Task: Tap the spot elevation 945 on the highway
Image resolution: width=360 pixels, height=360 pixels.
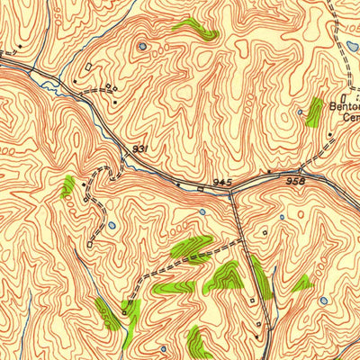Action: [222, 182]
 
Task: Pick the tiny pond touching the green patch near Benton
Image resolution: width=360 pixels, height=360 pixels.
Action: [302, 114]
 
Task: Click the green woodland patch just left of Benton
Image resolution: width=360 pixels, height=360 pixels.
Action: [314, 112]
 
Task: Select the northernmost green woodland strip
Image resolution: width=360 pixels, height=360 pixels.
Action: [195, 28]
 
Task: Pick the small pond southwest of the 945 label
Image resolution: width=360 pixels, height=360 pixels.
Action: [202, 212]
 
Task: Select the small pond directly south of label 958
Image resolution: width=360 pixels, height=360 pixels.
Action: [283, 217]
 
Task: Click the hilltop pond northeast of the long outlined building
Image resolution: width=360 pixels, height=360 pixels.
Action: [141, 47]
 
